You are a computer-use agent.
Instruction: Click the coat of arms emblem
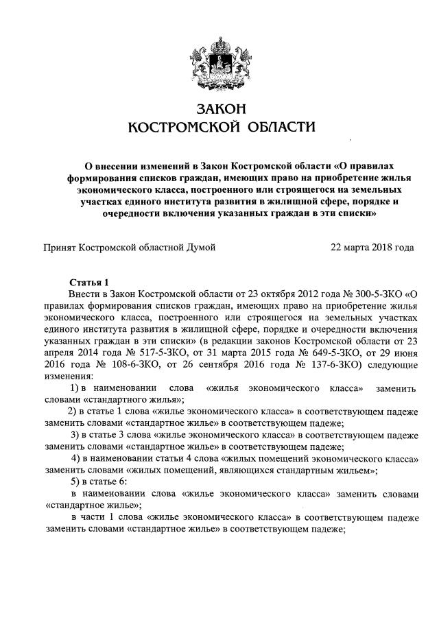[x=220, y=63]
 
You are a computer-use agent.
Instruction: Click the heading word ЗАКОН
[x=220, y=109]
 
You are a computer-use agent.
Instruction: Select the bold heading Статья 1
[x=90, y=282]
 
